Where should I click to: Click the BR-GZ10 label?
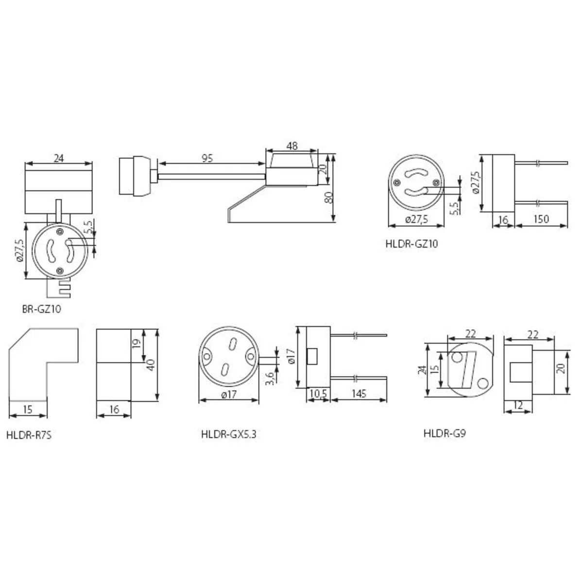coord(41,309)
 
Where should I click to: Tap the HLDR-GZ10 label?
coord(412,244)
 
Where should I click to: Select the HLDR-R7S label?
coord(29,435)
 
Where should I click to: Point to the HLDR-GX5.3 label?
coord(229,434)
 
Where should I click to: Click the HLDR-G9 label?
coord(445,433)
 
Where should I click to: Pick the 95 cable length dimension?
coord(207,158)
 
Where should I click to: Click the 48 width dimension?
coord(292,146)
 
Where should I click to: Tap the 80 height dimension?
coord(329,198)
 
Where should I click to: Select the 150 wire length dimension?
coord(541,219)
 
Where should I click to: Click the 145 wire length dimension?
coord(359,394)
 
